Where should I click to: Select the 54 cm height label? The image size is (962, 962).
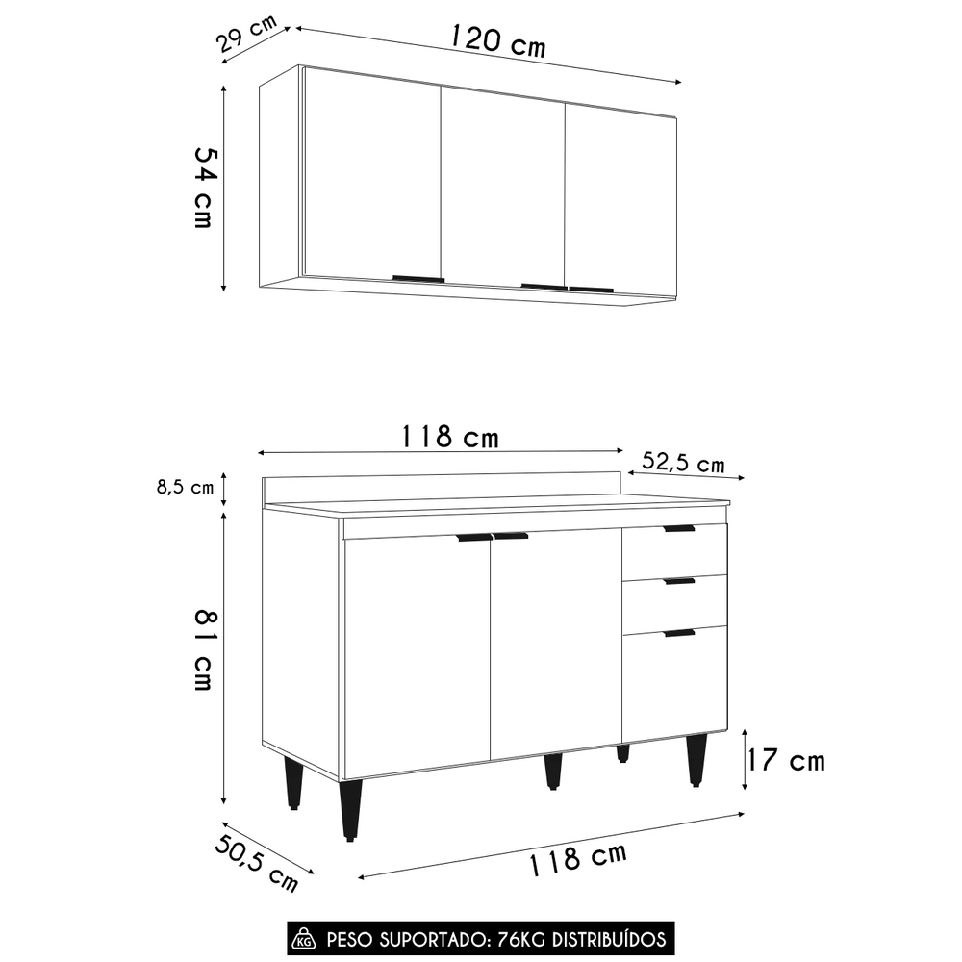pos(203,187)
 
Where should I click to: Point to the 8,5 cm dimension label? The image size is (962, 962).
pos(185,488)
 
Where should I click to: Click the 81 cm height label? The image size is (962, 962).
pos(203,648)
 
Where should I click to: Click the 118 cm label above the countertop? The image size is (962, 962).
pos(449,437)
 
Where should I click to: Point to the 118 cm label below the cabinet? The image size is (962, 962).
pos(576,857)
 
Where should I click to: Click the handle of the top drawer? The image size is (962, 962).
pos(678,528)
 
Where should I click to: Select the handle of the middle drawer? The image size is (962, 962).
pos(678,581)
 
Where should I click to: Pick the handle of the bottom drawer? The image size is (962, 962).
pos(678,633)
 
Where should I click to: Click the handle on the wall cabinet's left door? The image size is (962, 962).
pos(418,279)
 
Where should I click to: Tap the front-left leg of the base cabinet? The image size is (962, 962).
pos(350,808)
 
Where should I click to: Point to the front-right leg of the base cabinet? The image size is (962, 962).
pos(696,760)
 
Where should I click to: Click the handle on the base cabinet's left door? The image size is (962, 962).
pos(473,538)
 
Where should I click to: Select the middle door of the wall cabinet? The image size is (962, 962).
pos(502,188)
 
